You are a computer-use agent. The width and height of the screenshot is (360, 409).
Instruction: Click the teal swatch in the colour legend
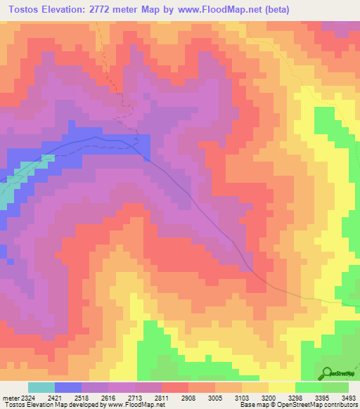tap(41, 387)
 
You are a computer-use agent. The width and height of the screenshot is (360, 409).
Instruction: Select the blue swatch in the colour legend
tap(68, 387)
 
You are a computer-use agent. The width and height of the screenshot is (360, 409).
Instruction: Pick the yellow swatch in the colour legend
tap(282, 387)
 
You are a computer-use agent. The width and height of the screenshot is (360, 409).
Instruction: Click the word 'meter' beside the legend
tap(8, 398)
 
